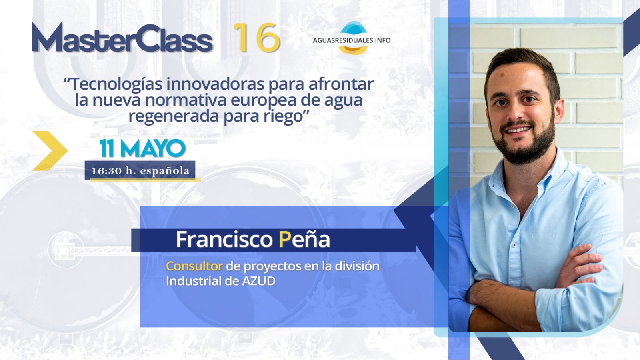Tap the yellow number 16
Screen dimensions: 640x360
coord(256,38)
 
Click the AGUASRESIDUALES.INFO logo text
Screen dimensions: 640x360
coord(352,40)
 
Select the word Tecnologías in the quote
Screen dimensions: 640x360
coord(116,85)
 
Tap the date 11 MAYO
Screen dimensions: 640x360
coord(142,148)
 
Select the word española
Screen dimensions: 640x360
coord(165,171)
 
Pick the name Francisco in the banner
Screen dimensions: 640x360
coord(224,240)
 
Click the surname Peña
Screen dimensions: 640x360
coord(304,239)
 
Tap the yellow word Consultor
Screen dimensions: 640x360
coord(194,266)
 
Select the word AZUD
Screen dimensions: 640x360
coord(258,281)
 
